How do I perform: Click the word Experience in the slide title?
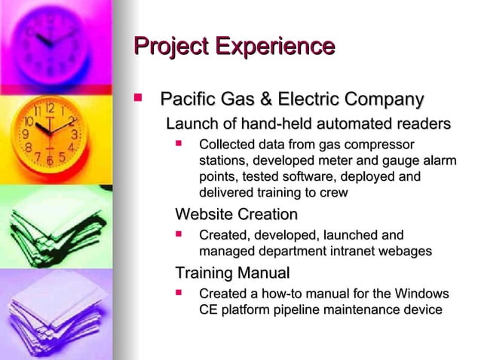coord(274,46)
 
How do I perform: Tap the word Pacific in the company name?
coord(190,99)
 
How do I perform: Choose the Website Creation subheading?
coord(231,215)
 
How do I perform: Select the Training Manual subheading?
coord(232,272)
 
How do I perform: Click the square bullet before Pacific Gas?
coord(139,98)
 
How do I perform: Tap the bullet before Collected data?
coord(179,143)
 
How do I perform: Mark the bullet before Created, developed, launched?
coord(179,234)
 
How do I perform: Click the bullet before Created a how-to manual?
coord(179,291)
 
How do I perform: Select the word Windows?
coord(419,293)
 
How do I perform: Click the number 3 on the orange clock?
coord(74,134)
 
